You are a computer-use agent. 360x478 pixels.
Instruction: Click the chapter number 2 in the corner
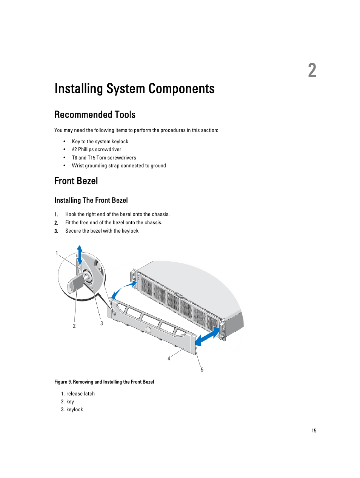coord(312,70)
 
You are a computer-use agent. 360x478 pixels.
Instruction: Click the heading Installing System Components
coord(134,89)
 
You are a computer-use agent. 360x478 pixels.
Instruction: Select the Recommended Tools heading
coord(95,115)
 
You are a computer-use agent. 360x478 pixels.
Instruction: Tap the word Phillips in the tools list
coord(86,149)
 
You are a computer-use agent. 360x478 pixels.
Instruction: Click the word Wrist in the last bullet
coord(78,165)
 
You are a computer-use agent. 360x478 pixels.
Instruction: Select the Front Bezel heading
coord(76,181)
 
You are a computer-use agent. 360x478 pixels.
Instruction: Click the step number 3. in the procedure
coord(56,231)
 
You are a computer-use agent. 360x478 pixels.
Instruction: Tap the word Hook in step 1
coord(70,214)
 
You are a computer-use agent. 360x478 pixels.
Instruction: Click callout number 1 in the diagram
coord(57,253)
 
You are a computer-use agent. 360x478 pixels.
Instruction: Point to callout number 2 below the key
coord(74,326)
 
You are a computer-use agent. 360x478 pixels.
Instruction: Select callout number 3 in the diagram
coord(102,323)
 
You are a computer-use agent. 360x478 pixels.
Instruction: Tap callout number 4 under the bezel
coord(169,358)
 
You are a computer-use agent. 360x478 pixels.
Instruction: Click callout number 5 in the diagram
coord(202,369)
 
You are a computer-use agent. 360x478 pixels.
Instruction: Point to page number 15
coord(314,431)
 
